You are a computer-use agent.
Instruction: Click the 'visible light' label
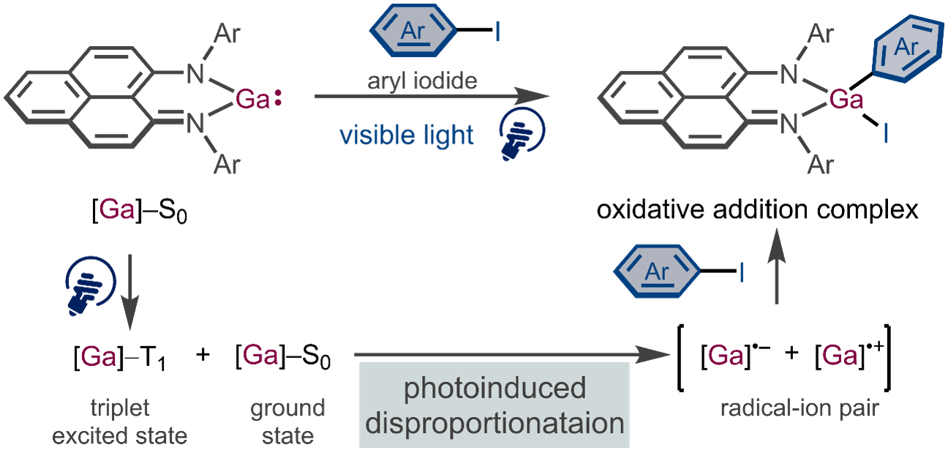tap(406, 135)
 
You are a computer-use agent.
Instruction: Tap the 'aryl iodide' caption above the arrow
tap(422, 81)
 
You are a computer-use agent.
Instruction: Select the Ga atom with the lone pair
tap(252, 100)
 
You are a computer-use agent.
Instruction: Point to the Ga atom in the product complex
tap(846, 100)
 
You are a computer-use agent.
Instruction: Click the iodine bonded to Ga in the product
tap(885, 133)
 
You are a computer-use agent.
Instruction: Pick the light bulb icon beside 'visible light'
tap(522, 134)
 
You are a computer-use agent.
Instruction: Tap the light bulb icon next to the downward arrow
tap(90, 285)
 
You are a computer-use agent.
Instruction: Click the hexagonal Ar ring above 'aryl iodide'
tap(413, 31)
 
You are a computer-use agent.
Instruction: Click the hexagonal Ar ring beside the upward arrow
tap(656, 271)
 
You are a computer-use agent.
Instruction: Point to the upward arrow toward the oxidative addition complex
tap(777, 266)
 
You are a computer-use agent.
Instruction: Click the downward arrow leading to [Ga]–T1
tap(130, 292)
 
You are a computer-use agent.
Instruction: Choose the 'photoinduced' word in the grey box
tap(494, 388)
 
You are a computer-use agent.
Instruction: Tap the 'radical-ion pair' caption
tap(800, 408)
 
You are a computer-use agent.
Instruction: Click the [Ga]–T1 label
tap(120, 357)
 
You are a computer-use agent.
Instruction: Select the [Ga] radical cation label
tap(849, 354)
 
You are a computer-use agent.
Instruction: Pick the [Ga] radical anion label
tap(736, 354)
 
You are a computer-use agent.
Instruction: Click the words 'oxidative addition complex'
tap(758, 209)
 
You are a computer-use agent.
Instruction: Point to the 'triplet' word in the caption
tap(120, 408)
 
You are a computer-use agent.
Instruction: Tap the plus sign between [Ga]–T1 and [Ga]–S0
tap(203, 354)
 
